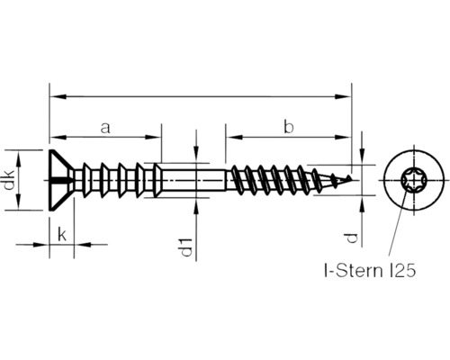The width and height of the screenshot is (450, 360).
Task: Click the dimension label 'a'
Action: (x=105, y=127)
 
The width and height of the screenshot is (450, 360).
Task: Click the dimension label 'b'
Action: (x=288, y=127)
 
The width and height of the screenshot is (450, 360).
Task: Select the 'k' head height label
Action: (x=61, y=233)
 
